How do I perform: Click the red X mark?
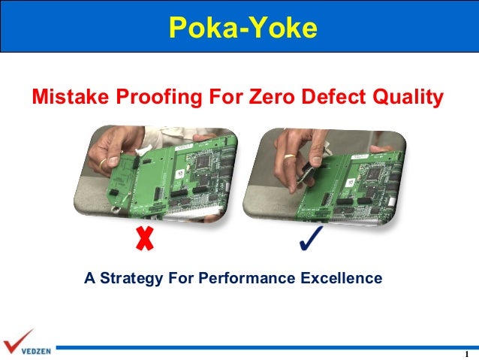(x=143, y=239)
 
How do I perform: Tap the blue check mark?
(x=310, y=238)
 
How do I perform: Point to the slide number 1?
(x=467, y=355)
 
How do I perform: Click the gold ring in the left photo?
(x=101, y=162)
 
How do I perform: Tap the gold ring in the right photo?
(x=289, y=158)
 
